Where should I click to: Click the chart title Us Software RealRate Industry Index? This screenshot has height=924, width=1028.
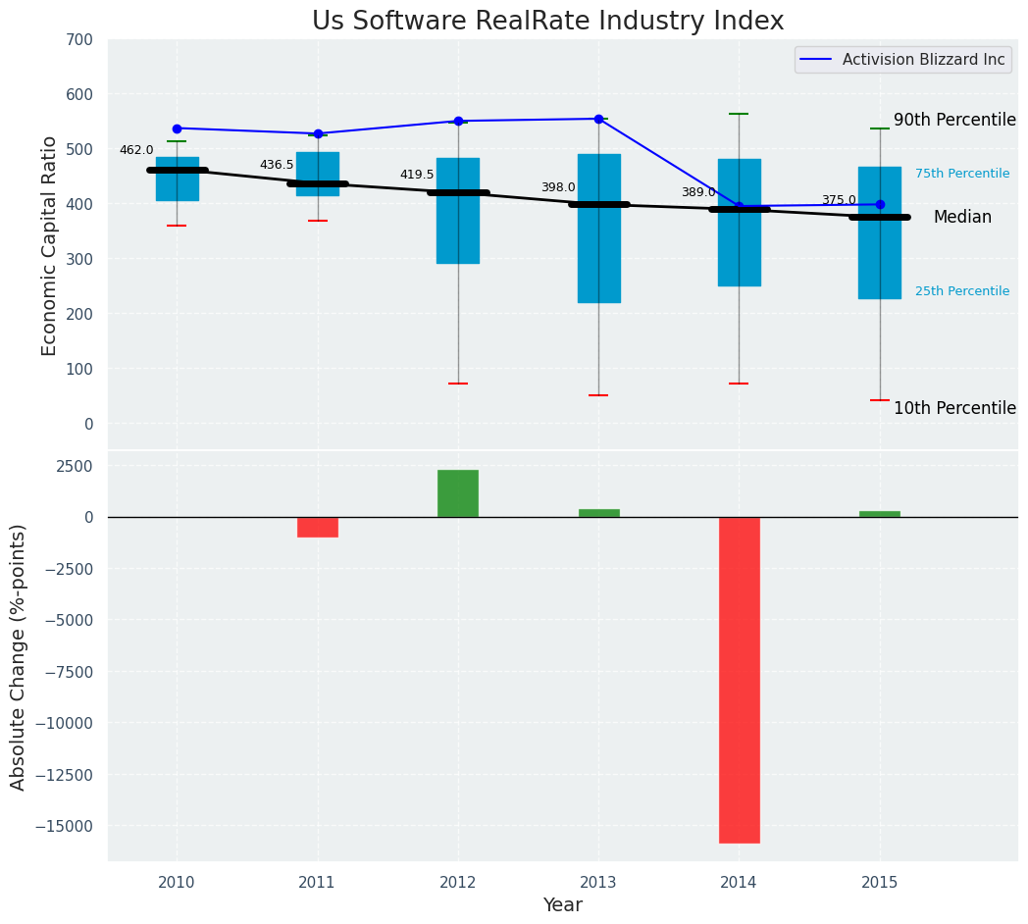coord(547,22)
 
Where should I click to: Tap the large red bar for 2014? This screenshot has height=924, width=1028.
coord(739,679)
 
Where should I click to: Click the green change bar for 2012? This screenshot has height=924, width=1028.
coord(458,493)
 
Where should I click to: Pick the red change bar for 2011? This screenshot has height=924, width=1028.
coord(318,527)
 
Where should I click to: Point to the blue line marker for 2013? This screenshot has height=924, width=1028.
coord(598,119)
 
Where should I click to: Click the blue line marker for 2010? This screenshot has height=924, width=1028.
coord(177,128)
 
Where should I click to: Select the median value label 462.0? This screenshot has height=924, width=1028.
coord(136,150)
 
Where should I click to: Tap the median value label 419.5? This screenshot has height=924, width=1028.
coord(416,175)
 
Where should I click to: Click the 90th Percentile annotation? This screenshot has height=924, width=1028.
coord(954,120)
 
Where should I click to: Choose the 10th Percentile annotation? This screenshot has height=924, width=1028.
coord(954,408)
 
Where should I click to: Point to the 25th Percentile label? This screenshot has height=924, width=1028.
coord(961,291)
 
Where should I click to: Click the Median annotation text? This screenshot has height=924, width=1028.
coord(962,218)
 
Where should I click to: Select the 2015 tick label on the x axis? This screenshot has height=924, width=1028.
coord(879,883)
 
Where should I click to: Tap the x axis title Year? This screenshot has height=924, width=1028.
coord(562,905)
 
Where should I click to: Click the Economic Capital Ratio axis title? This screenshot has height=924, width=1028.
coord(50,245)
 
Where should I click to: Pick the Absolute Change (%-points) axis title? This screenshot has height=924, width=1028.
coord(19,656)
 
